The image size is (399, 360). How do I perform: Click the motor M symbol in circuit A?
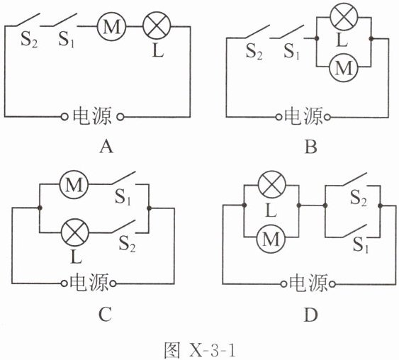pos(111,26)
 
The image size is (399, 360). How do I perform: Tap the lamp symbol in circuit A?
pos(157,26)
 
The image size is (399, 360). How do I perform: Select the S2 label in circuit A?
pos(29,40)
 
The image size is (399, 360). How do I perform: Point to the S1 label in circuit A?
pos(66,40)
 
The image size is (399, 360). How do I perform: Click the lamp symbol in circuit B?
pos(344,17)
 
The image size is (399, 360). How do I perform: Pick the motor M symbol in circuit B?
pos(344,67)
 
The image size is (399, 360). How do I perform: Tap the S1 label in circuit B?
pos(291,52)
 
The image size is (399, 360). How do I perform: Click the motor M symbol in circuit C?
pos(74,184)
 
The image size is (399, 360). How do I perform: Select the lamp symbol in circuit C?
pos(75,232)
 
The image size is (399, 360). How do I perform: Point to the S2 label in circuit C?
pos(128,244)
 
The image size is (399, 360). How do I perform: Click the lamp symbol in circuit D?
pos(272,185)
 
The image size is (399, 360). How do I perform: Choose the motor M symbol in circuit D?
pos(271,238)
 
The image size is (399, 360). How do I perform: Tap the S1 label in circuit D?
pos(361,245)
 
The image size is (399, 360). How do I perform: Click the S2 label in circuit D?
pos(359,198)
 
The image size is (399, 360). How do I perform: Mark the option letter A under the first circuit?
pos(106,147)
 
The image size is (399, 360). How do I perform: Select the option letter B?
pos(311,147)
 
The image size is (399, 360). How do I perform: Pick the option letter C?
pos(105,314)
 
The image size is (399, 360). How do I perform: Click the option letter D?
pos(310,315)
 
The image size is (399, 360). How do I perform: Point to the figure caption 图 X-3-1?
pos(200,351)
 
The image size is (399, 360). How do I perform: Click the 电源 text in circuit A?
pos(92,116)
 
